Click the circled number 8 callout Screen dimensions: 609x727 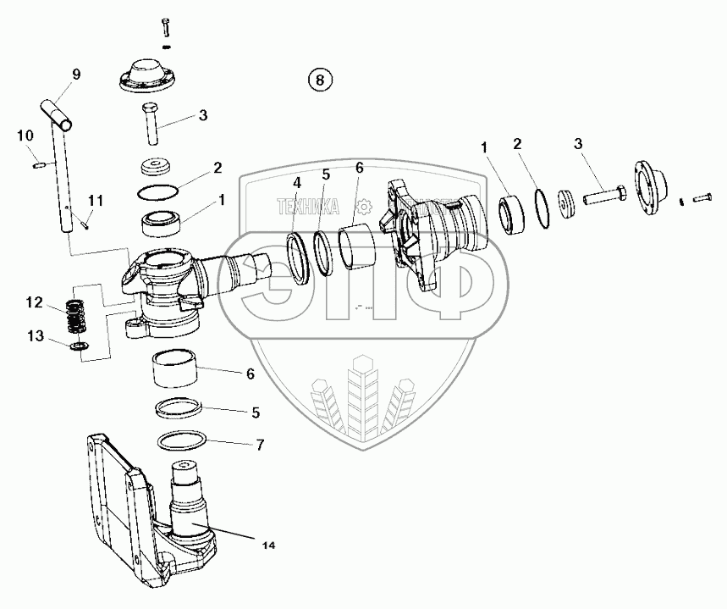[319, 80]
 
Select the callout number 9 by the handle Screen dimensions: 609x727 [76, 75]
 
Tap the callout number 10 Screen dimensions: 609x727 [25, 135]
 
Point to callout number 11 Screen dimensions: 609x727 [96, 201]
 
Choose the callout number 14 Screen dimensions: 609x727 [267, 545]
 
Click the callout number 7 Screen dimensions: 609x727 [261, 444]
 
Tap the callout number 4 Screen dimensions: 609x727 [296, 183]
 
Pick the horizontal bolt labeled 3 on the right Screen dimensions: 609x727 [603, 197]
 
